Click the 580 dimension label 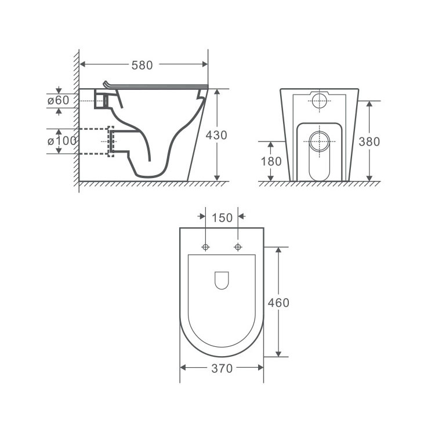(142, 65)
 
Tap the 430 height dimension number (216, 135)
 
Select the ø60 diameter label (58, 100)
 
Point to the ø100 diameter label (62, 141)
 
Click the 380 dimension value (369, 142)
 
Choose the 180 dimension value (271, 161)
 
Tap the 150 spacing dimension (222, 218)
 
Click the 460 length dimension (278, 303)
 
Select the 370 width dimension (222, 369)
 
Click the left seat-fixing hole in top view (205, 247)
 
